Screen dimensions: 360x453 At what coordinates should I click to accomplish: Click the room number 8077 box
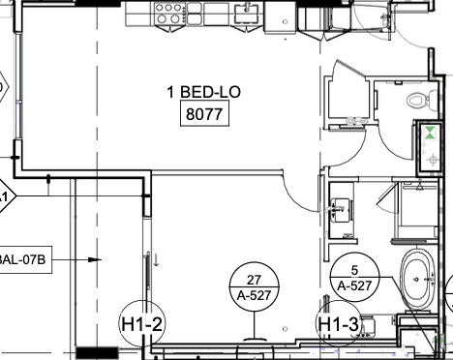coord(202,116)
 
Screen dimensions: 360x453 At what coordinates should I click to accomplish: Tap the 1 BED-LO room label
coord(203,94)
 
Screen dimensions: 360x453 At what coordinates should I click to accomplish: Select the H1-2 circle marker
coord(141,323)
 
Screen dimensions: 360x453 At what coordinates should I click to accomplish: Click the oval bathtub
coord(418,281)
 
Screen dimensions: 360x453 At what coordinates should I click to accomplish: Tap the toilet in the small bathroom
coord(418,99)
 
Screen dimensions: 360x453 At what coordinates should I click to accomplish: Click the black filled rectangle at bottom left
coord(97,352)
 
